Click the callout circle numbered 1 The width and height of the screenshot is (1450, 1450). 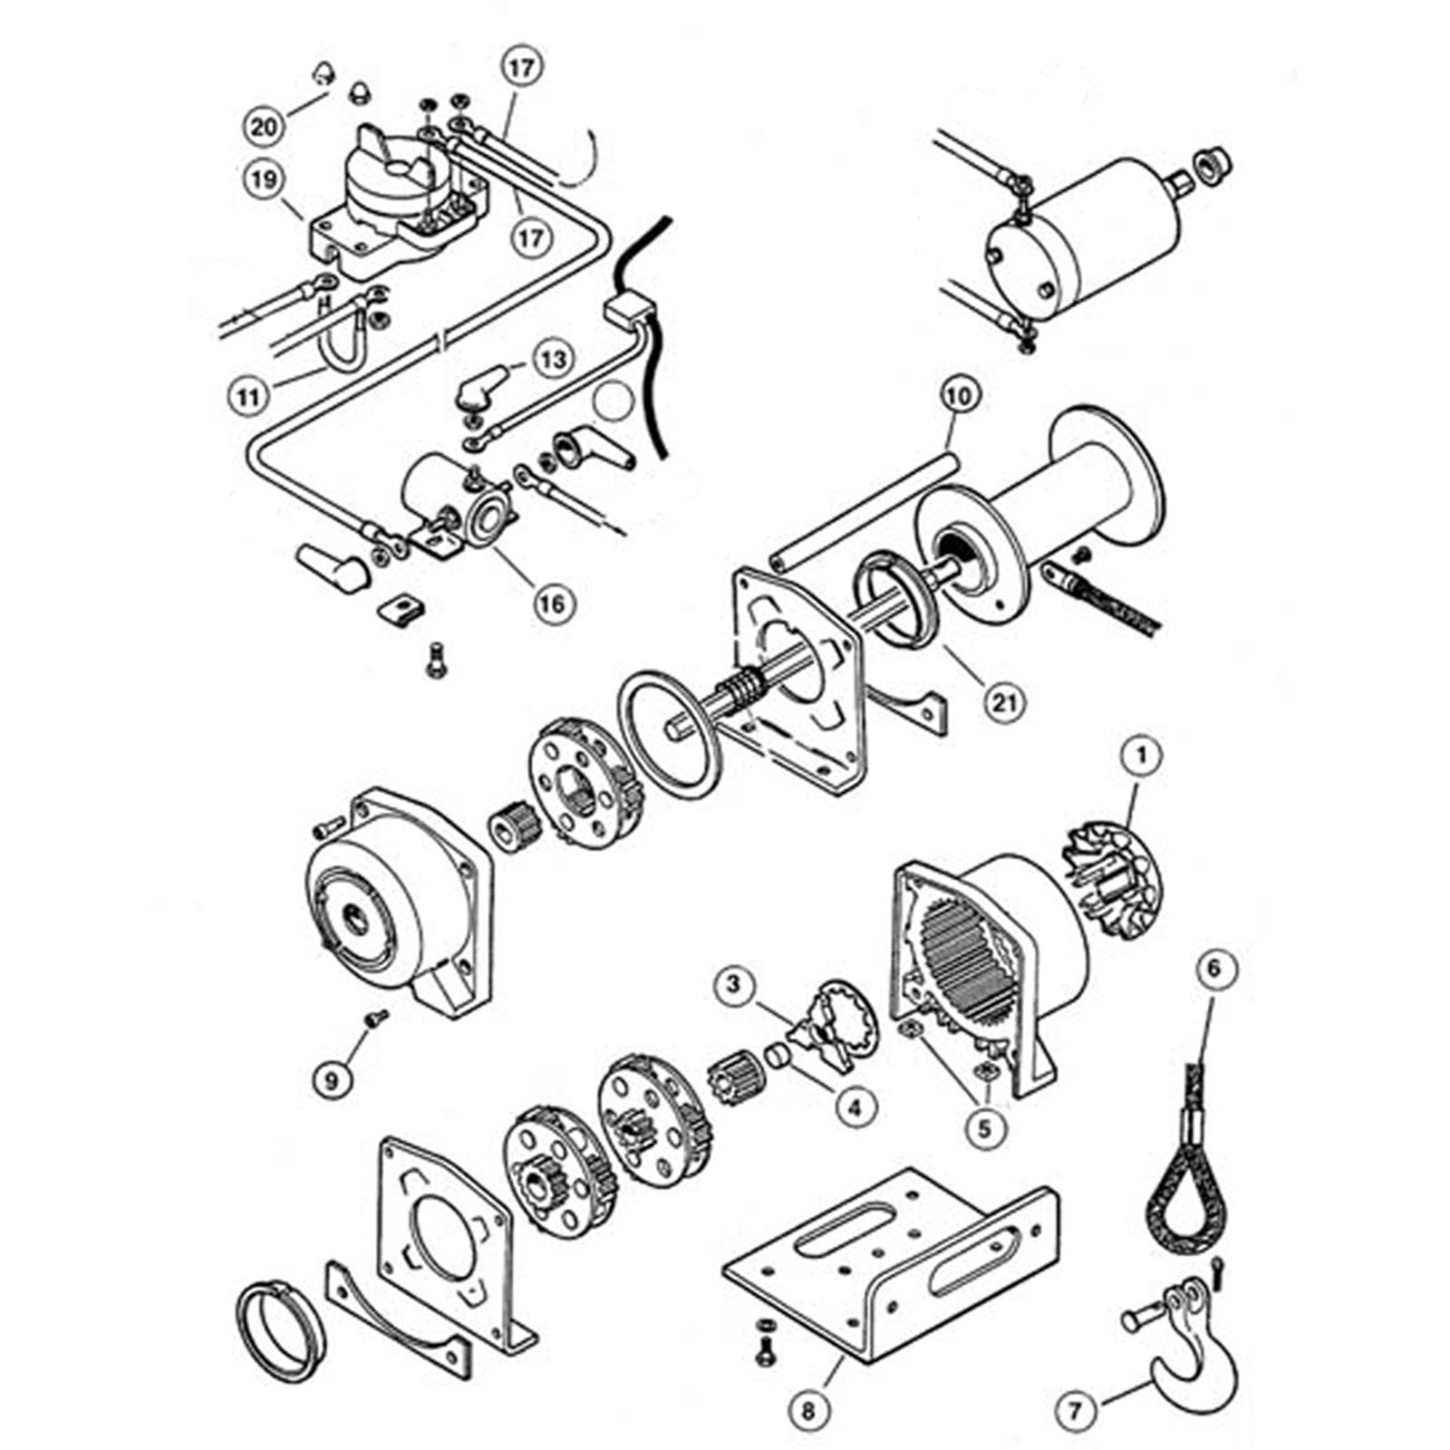[x=1142, y=754]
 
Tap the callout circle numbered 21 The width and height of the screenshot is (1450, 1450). [x=1002, y=701]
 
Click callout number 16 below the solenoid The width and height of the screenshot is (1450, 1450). [x=553, y=604]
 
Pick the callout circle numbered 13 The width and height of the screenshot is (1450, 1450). [x=553, y=359]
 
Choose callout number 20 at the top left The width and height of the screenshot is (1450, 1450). [x=264, y=125]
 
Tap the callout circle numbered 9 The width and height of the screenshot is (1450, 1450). [x=332, y=1080]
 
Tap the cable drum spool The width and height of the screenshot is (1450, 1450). [x=1042, y=526]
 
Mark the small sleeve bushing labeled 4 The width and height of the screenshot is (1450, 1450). [x=777, y=1056]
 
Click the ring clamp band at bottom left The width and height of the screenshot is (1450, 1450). [x=279, y=1328]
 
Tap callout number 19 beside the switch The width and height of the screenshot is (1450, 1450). [x=263, y=179]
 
